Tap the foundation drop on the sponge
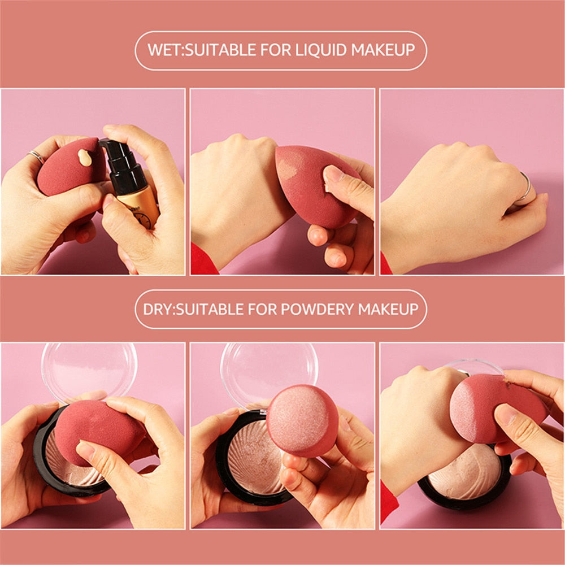85,158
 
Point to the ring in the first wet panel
36,157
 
